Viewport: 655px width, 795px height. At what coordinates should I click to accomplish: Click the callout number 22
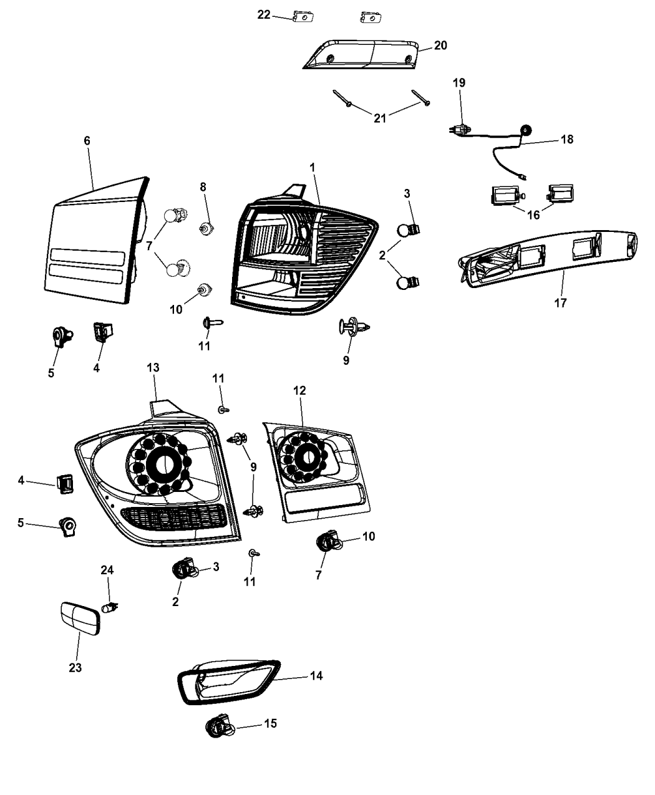[264, 14]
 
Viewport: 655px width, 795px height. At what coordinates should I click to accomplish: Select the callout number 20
[440, 46]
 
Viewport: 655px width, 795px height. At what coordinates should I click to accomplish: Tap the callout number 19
[459, 83]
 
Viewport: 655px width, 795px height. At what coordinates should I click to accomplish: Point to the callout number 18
[566, 139]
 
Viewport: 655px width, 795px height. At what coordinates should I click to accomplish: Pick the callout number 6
[87, 141]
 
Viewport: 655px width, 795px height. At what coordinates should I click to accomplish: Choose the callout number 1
[312, 167]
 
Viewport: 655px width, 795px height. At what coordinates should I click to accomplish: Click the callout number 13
[153, 369]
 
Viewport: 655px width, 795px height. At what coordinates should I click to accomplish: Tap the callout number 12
[299, 390]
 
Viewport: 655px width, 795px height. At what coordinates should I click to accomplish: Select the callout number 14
[316, 675]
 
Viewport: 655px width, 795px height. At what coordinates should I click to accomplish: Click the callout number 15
[270, 723]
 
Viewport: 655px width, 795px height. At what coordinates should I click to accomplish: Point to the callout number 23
[75, 668]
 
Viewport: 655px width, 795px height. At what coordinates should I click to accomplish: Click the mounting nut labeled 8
[205, 228]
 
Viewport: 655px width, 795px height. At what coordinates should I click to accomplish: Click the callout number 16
[533, 215]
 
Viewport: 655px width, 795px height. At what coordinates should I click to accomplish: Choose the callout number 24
[107, 570]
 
